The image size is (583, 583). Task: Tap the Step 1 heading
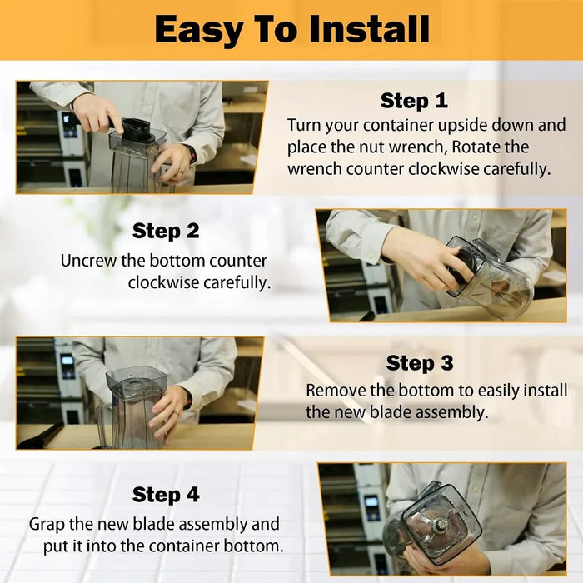(414, 101)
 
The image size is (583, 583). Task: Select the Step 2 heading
(166, 231)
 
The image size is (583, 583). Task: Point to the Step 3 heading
(420, 363)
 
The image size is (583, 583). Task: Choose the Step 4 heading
(166, 495)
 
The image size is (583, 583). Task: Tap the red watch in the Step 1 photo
(192, 153)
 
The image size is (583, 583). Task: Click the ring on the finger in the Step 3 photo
(177, 413)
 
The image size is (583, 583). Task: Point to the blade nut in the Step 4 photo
(441, 525)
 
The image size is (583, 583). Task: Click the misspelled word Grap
(47, 525)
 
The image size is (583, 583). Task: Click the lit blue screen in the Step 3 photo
(67, 360)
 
